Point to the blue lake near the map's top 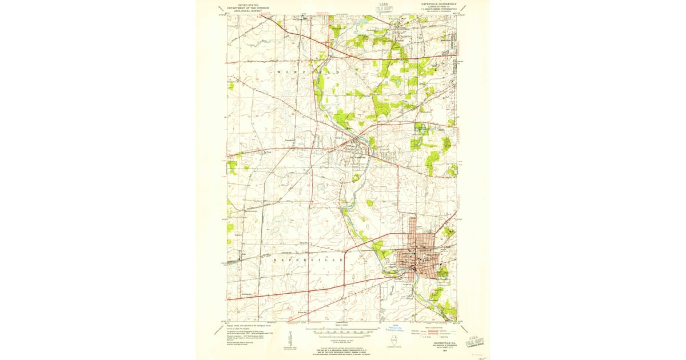361,23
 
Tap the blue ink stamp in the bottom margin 393,328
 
